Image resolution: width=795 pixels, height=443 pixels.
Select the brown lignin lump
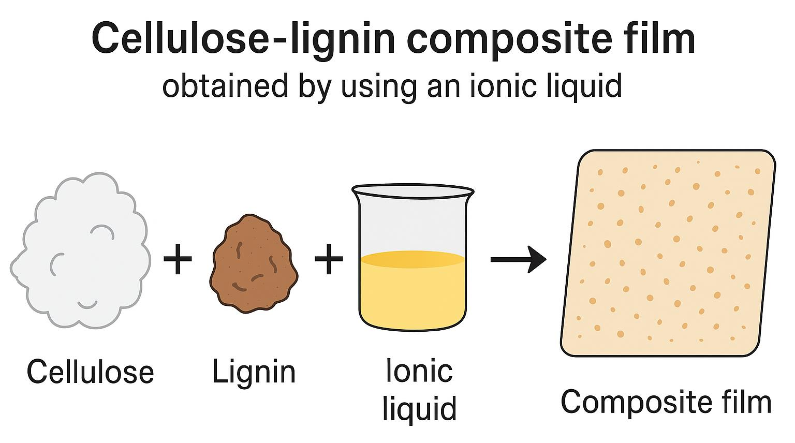coord(253,264)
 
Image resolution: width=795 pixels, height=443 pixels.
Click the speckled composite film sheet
coord(668,254)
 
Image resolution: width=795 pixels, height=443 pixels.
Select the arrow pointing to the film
coord(518,259)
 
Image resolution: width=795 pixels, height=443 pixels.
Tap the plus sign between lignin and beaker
coord(329,258)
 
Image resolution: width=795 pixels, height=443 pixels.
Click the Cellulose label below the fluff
coord(91,372)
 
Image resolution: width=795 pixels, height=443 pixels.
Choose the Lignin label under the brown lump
coord(254,372)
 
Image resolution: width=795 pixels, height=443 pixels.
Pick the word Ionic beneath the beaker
coord(419,371)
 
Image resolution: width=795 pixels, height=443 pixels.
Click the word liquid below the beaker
coord(419,409)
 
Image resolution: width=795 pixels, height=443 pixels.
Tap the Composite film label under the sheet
coord(666,402)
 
